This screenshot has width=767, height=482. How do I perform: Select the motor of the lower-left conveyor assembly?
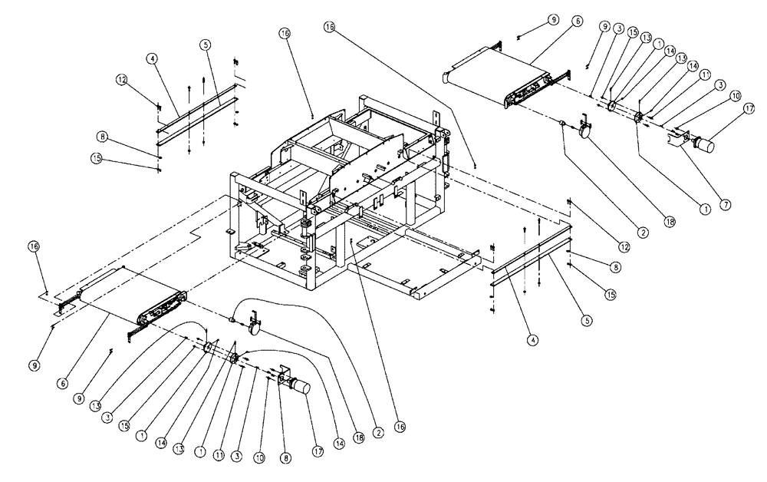coord(296,387)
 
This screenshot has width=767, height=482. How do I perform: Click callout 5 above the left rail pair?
coord(206,45)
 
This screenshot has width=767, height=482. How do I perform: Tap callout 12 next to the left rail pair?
coord(121,79)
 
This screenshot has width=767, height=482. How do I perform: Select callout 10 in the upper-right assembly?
coord(734,96)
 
